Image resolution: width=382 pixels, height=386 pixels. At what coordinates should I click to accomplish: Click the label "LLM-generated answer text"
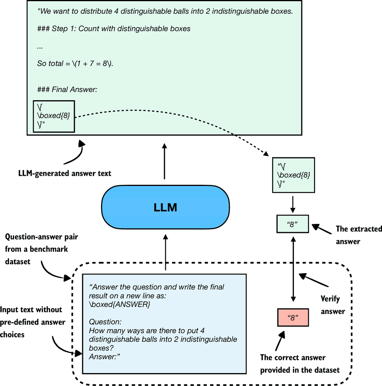tap(65, 173)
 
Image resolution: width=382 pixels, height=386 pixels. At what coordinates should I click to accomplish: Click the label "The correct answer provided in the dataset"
tap(299, 363)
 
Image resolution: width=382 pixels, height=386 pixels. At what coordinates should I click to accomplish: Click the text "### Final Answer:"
tap(67, 90)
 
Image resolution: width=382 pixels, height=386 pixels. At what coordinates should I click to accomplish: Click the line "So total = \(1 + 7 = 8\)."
tap(75, 63)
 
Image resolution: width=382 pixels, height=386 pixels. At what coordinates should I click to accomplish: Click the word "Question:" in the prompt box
tap(105, 322)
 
